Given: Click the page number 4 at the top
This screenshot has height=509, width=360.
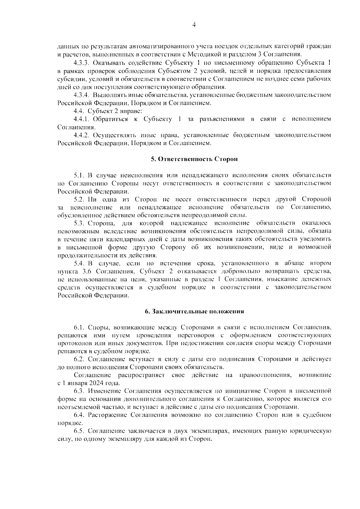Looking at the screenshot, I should click(x=193, y=25).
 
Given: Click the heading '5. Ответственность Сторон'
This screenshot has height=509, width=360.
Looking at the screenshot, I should click(x=194, y=159).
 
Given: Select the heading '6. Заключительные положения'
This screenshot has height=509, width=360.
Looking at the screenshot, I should click(x=194, y=311).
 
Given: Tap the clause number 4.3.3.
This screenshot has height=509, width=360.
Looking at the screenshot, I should click(x=82, y=63).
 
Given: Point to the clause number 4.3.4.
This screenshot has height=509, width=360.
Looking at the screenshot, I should click(x=82, y=95).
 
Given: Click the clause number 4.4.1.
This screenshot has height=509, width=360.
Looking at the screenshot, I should click(x=82, y=119).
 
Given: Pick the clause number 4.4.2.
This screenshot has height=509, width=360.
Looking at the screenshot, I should click(x=82, y=135).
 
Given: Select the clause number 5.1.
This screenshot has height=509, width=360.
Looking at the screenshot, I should click(x=79, y=175).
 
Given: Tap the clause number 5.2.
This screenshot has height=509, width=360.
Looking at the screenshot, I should click(x=79, y=199).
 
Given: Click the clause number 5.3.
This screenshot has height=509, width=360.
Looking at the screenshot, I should click(x=79, y=223).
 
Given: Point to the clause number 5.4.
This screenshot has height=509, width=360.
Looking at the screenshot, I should click(x=79, y=263).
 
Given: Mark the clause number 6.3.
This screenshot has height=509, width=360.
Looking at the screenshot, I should click(x=79, y=391).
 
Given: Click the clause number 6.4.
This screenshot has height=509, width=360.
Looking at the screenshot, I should click(x=79, y=415).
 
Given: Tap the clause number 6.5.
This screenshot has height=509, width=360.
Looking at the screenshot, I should click(x=79, y=431).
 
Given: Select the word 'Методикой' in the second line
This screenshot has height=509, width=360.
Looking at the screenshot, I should click(x=200, y=55).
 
